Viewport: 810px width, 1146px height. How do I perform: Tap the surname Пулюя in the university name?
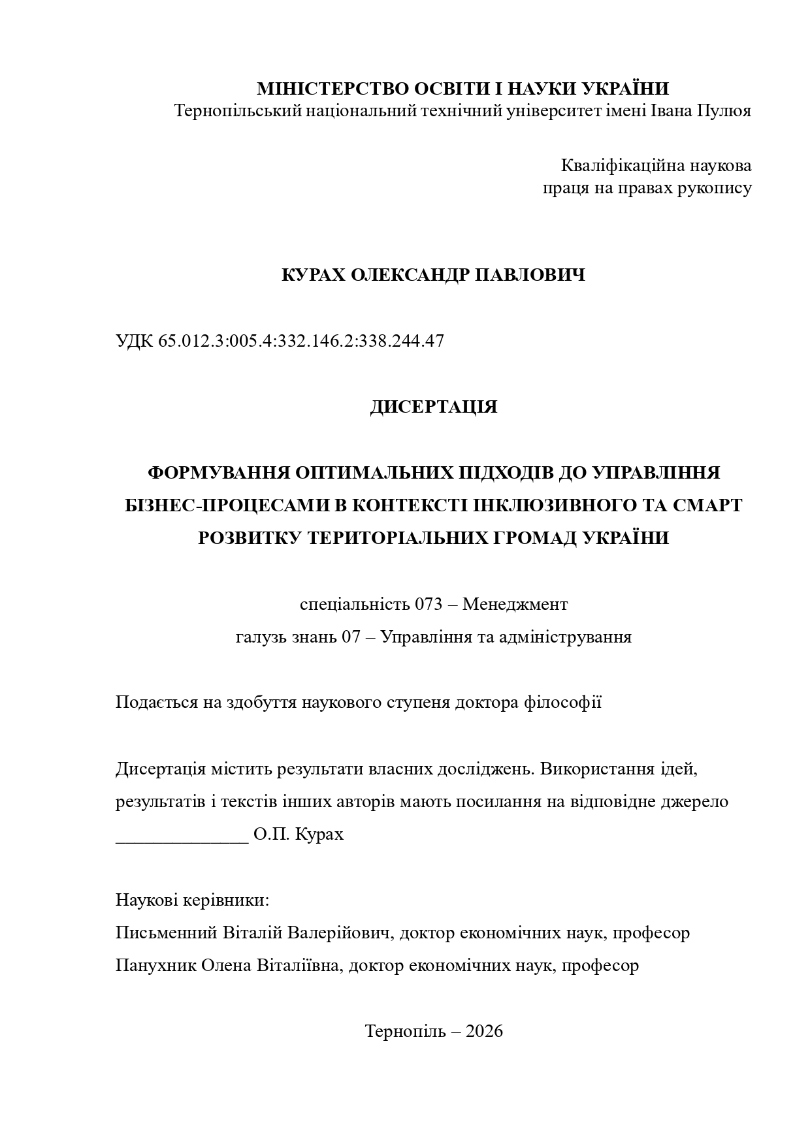point(724,110)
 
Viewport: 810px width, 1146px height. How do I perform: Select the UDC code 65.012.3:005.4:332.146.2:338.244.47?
point(301,341)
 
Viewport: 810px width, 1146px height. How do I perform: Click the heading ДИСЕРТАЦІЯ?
point(434,407)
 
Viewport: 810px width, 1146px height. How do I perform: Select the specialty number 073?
point(429,605)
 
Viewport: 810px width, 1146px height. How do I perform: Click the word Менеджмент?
point(515,605)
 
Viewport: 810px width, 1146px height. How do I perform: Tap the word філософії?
point(563,703)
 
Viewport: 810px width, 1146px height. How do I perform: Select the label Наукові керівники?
point(193,900)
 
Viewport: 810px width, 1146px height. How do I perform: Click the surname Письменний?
point(166,933)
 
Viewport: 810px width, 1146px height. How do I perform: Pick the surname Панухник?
point(157,966)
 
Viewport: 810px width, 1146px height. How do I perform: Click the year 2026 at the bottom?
point(485,1032)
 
